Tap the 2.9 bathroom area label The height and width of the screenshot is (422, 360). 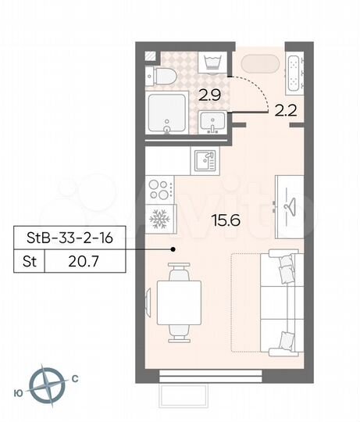pos(208,98)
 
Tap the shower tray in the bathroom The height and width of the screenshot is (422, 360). pos(167,114)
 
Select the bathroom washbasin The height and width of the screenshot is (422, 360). pos(212,122)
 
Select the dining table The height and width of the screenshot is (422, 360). pos(179,302)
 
